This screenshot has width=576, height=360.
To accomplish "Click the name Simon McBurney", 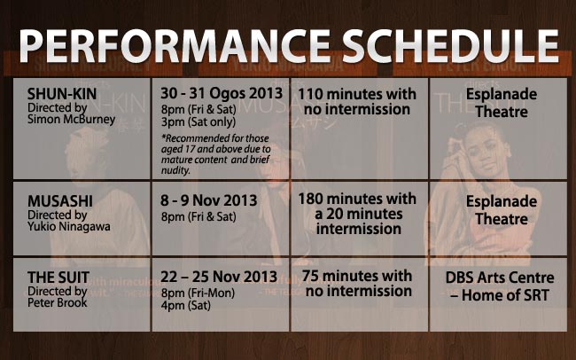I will click(72, 120).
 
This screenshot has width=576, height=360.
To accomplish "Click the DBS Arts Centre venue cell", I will click(502, 285).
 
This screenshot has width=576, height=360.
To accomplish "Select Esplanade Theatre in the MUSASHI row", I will click(501, 209).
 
